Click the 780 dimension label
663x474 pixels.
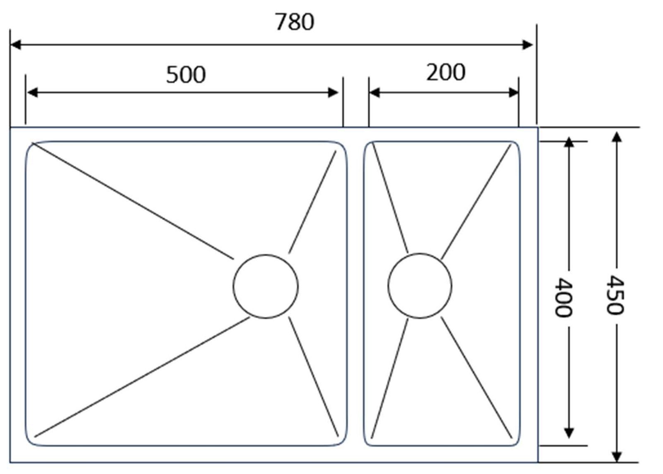tap(295, 22)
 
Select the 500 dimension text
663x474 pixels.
tap(186, 75)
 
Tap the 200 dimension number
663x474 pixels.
tap(445, 72)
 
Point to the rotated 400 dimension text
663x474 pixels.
tap(564, 297)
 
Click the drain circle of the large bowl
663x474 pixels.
tap(265, 286)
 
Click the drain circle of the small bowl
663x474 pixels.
tap(420, 286)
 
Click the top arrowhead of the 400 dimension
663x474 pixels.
tap(569, 142)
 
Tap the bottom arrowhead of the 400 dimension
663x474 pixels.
tap(569, 433)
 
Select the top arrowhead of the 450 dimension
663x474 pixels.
tap(617, 137)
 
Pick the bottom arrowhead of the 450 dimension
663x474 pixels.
tap(617, 456)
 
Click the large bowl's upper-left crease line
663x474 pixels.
tap(133, 201)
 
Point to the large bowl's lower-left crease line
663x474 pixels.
tap(143, 377)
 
